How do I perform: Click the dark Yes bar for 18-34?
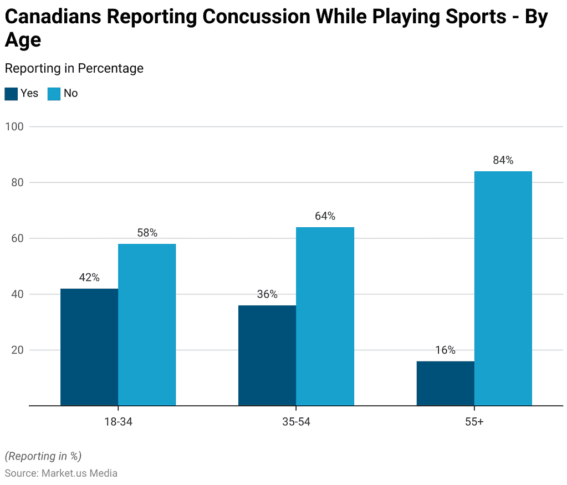[x=89, y=347]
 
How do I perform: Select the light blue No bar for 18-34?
[x=147, y=325]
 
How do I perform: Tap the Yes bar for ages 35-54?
[x=267, y=355]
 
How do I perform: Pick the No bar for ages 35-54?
[x=325, y=316]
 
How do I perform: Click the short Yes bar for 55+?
[x=445, y=384]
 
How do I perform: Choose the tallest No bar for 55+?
[x=503, y=288]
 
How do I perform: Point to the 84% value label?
[x=503, y=161]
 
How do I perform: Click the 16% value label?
[x=445, y=350]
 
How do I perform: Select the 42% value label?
[x=89, y=278]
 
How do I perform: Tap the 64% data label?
[x=325, y=216]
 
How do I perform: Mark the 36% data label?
[x=267, y=294]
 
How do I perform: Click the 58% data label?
[x=147, y=233]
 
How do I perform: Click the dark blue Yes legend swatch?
[x=11, y=94]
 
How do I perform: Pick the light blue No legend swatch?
[x=54, y=94]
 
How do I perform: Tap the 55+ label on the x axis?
[x=474, y=422]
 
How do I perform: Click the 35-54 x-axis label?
[x=296, y=422]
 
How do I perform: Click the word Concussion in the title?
[x=256, y=17]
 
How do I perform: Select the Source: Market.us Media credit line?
[x=61, y=473]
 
